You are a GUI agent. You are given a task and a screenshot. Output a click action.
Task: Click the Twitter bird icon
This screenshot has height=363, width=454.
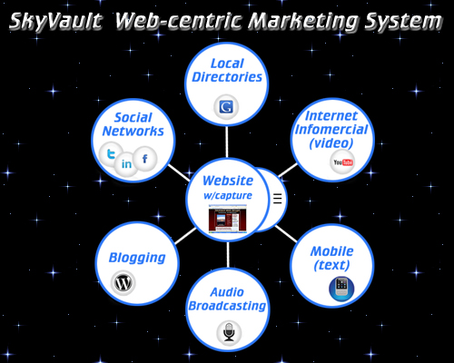[111, 154]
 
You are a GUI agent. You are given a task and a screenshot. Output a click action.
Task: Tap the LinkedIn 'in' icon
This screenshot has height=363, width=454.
[126, 164]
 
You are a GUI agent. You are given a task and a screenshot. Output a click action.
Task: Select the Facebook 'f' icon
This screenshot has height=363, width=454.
[145, 159]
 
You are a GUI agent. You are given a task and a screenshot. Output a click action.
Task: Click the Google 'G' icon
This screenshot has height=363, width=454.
[226, 107]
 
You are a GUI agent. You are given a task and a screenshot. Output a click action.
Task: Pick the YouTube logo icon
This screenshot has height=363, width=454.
[342, 162]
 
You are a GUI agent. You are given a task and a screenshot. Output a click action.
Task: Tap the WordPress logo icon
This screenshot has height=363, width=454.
[123, 283]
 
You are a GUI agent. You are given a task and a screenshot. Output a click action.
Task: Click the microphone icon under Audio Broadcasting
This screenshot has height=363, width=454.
[229, 332]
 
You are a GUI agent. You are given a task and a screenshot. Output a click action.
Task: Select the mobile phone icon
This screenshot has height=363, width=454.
[341, 289]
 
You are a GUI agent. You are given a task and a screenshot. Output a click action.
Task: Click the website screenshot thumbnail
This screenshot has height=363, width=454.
[228, 219]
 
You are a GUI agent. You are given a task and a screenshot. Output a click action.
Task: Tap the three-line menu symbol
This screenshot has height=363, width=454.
[278, 199]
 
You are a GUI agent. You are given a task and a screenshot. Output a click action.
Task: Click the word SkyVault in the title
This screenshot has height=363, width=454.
[55, 22]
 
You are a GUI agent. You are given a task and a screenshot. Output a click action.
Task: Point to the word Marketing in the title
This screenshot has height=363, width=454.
[305, 22]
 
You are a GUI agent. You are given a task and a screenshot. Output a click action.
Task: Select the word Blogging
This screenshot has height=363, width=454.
[137, 258]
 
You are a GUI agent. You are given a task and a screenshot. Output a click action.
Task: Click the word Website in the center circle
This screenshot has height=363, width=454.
[228, 181]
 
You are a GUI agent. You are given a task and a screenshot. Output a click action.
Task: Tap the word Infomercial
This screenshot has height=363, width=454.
[331, 129]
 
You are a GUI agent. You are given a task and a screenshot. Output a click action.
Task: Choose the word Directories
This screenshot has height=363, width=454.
[227, 77]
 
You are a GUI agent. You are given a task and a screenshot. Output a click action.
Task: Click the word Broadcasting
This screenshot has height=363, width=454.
[227, 306]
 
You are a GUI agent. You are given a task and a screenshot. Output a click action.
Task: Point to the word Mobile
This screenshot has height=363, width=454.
[332, 251]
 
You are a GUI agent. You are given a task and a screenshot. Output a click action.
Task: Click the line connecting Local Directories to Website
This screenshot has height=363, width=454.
[226, 142]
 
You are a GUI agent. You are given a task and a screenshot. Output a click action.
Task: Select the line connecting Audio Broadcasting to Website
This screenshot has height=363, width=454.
[228, 255]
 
